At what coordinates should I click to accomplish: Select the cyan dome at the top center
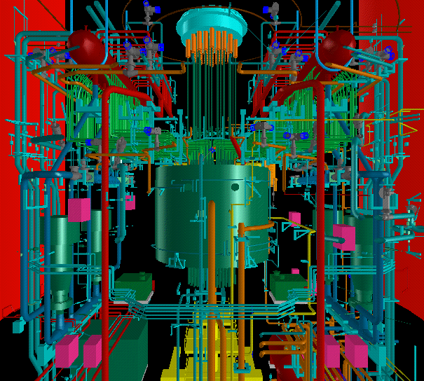212,24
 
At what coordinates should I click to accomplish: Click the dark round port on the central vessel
236,188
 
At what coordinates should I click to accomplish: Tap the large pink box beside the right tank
344,236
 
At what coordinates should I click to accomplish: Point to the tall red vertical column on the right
320,210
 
